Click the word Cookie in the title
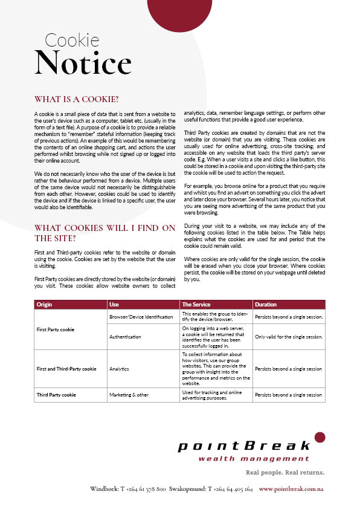click(x=72, y=41)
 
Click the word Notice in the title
click(x=83, y=63)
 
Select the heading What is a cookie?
click(x=76, y=99)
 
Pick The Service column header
click(x=196, y=304)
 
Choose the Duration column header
click(x=266, y=304)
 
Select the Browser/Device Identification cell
click(x=141, y=317)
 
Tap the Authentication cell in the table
click(x=126, y=337)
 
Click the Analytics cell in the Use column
click(x=120, y=369)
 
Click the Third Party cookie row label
click(x=56, y=395)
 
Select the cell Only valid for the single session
click(x=288, y=337)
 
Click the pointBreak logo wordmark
click(x=243, y=447)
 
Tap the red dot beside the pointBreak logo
click(x=320, y=436)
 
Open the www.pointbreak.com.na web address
click(x=292, y=488)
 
